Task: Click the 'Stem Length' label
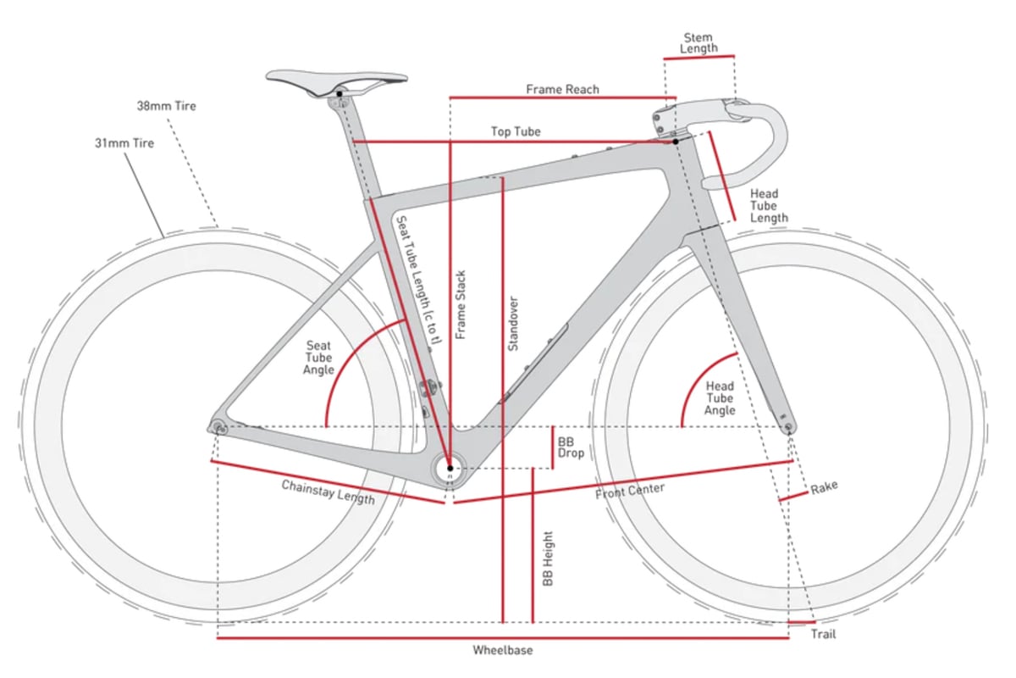(x=698, y=42)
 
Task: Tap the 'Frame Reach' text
(x=562, y=89)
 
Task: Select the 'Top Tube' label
(x=516, y=131)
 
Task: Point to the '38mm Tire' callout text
(x=167, y=106)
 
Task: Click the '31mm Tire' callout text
(x=124, y=143)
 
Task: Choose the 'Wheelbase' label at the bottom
(x=503, y=650)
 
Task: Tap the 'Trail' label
(x=823, y=634)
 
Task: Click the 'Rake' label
(x=824, y=487)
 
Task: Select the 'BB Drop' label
(x=571, y=447)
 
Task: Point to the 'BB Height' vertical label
(x=548, y=559)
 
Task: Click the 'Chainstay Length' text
(x=328, y=492)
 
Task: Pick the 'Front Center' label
(x=630, y=491)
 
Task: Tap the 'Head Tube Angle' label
(x=720, y=398)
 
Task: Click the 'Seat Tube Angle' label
(x=318, y=358)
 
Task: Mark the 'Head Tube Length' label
(x=769, y=206)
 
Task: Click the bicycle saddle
(x=336, y=80)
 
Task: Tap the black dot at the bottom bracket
(x=450, y=468)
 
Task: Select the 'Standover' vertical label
(x=513, y=324)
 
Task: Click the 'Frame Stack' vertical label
(x=461, y=305)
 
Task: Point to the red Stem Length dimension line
(x=699, y=58)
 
